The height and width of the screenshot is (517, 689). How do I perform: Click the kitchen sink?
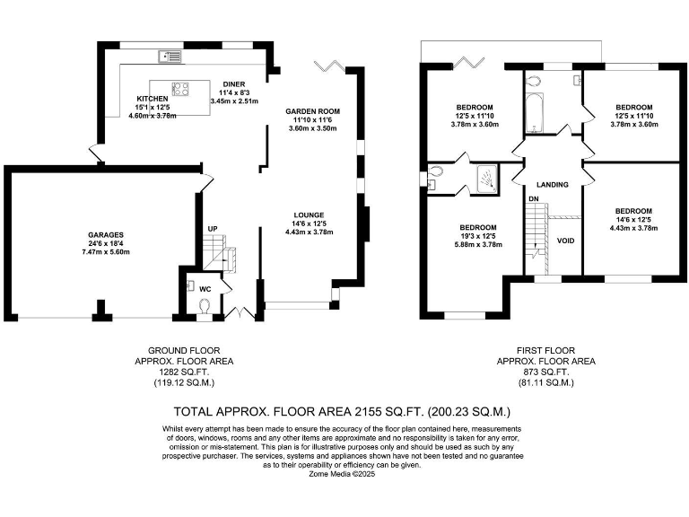(x=169, y=57)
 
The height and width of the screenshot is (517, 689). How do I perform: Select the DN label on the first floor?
(x=533, y=198)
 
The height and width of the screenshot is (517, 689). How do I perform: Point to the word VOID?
(x=565, y=241)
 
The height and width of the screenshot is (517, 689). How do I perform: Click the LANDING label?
(x=554, y=184)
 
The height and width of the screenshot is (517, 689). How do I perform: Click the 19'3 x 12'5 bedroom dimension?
(x=478, y=236)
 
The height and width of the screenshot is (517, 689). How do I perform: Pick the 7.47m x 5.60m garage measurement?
(x=108, y=252)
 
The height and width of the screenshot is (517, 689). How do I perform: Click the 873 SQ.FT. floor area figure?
(x=545, y=372)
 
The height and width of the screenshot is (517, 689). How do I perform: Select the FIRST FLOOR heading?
(x=545, y=350)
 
